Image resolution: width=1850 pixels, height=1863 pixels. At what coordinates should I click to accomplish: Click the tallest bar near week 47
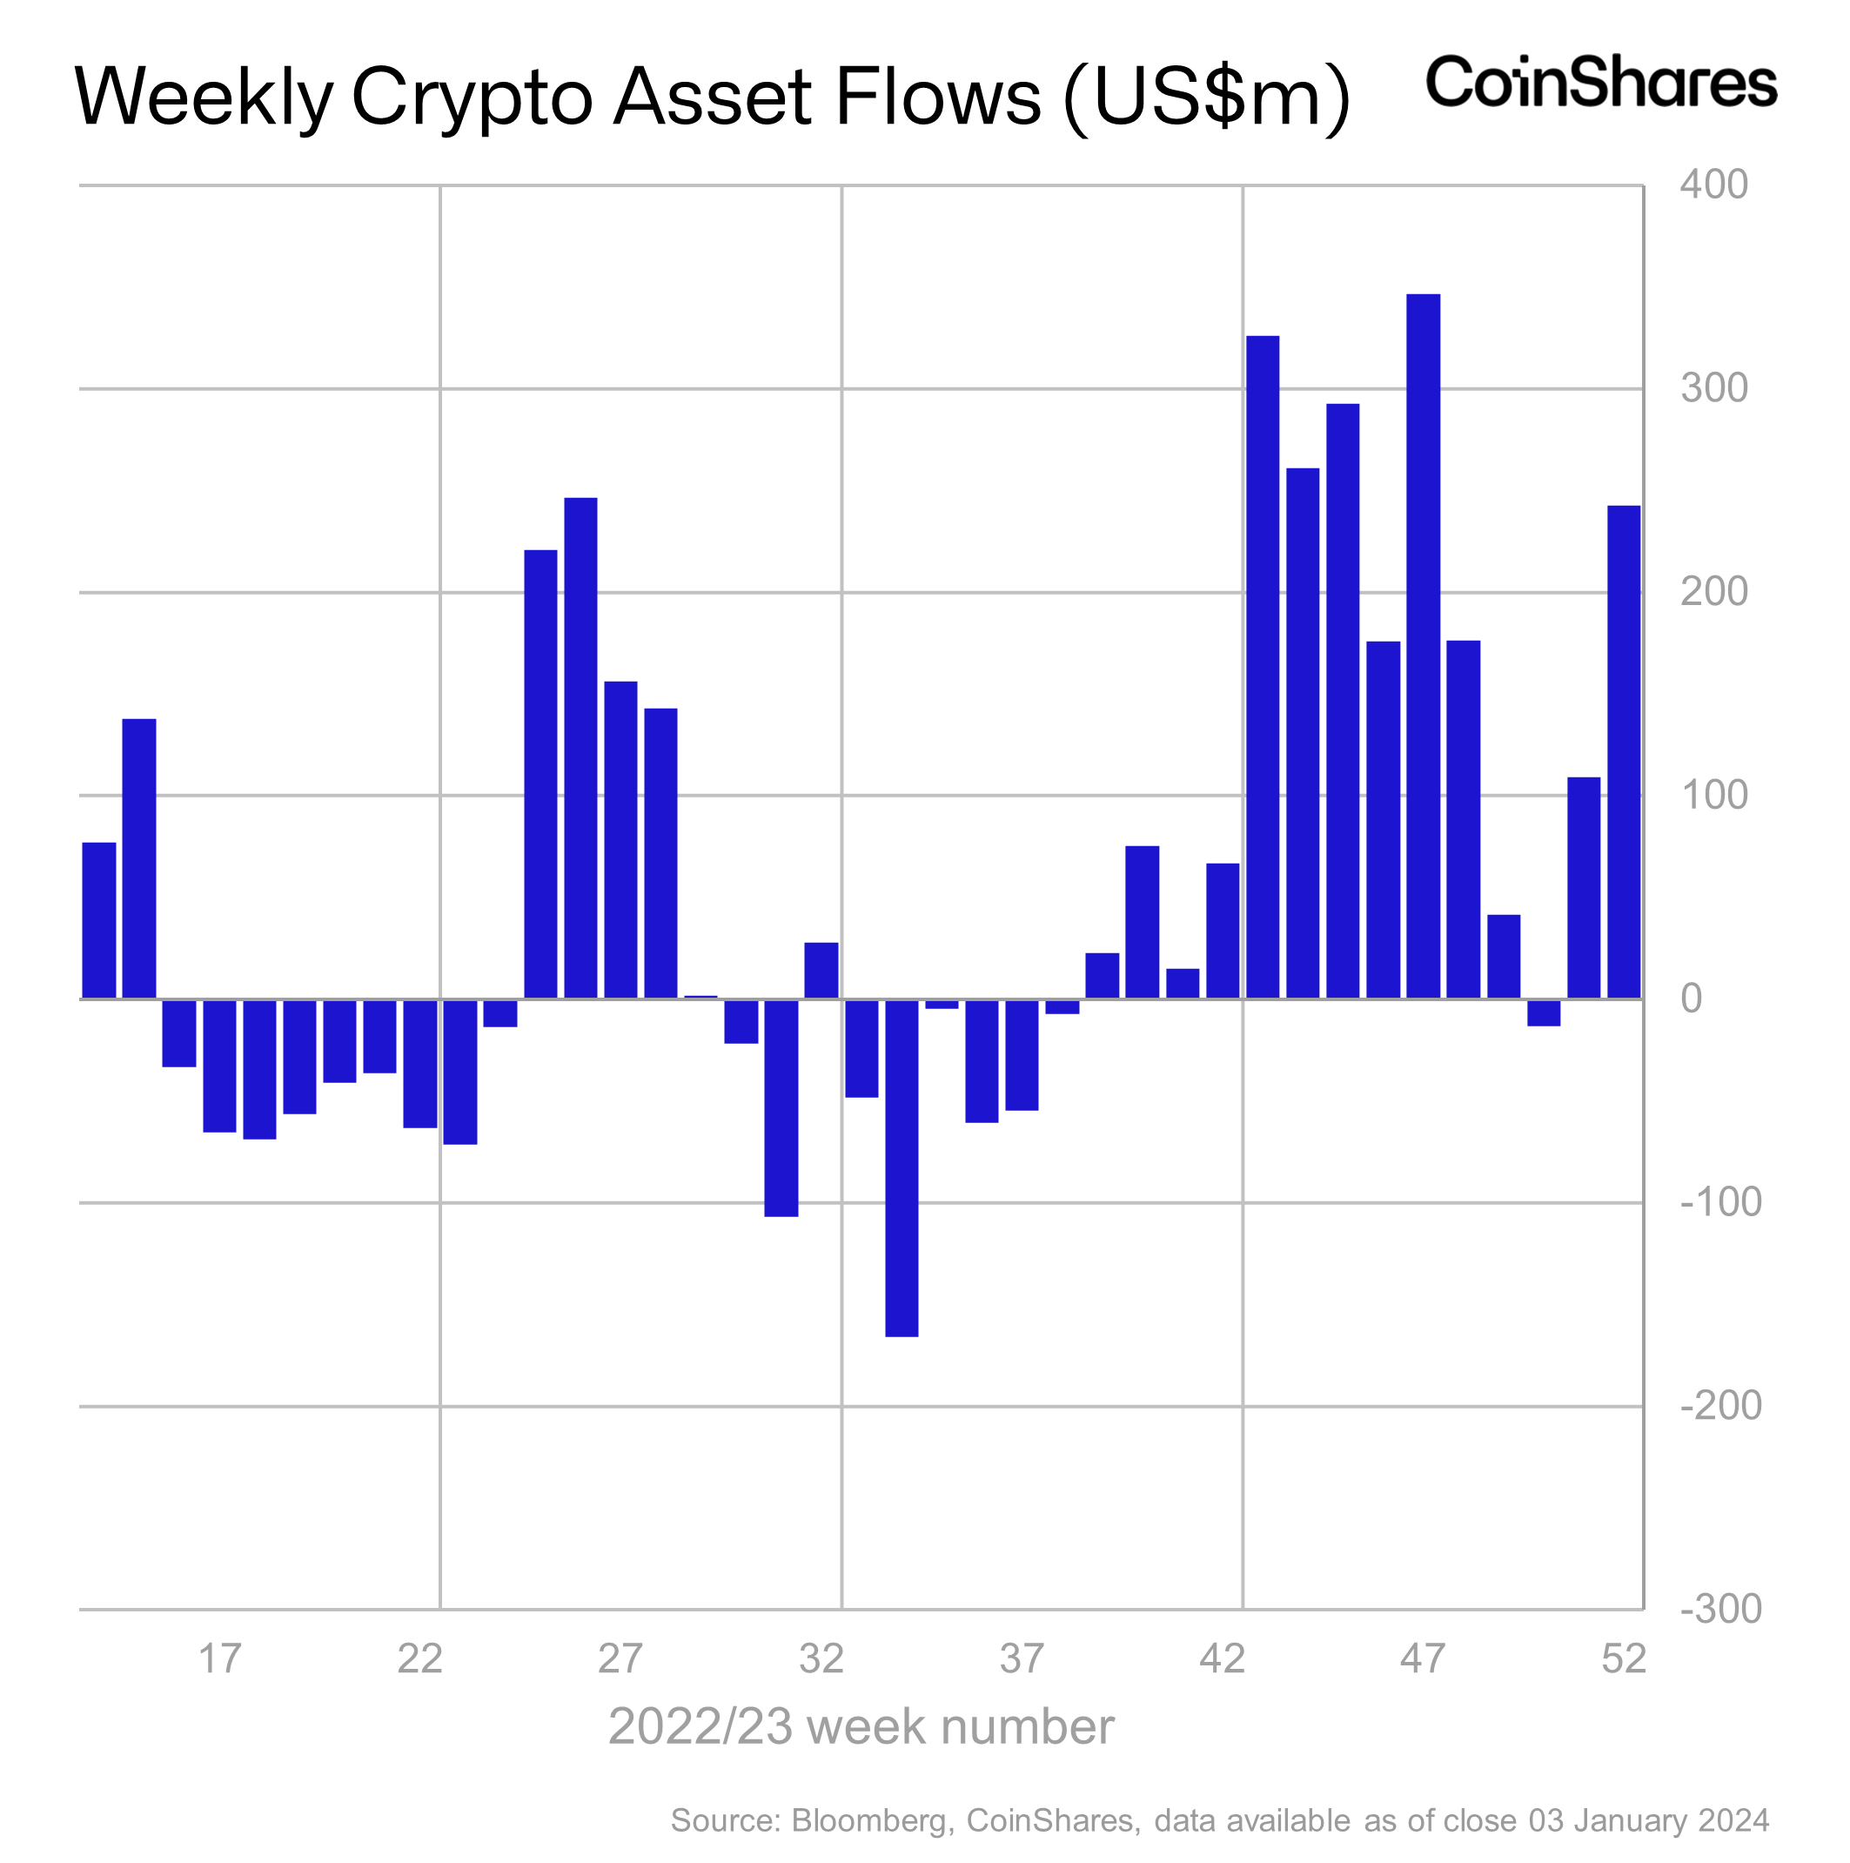(x=1422, y=646)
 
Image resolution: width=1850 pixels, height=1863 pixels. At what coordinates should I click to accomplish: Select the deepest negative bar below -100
(x=902, y=1167)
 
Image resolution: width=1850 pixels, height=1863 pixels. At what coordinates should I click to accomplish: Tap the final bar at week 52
(x=1624, y=752)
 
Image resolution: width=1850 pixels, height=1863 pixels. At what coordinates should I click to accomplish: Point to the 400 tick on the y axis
(x=1713, y=185)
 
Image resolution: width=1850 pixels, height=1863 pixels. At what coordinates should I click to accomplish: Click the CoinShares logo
(x=1600, y=83)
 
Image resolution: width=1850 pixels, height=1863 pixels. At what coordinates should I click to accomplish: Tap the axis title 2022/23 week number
(x=861, y=1727)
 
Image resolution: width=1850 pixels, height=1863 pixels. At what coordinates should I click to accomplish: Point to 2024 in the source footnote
(x=1733, y=1820)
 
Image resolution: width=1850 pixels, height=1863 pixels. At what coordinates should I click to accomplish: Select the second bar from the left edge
(x=139, y=859)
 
